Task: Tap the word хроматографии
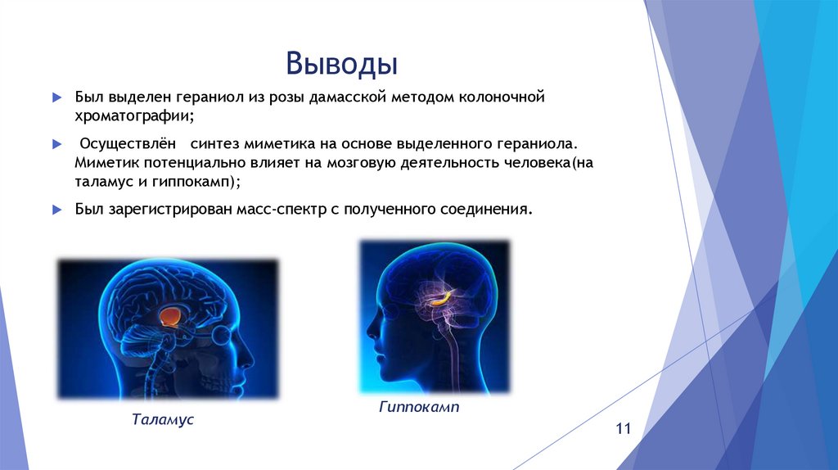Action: (133, 116)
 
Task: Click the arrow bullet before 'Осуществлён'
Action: (56, 144)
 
